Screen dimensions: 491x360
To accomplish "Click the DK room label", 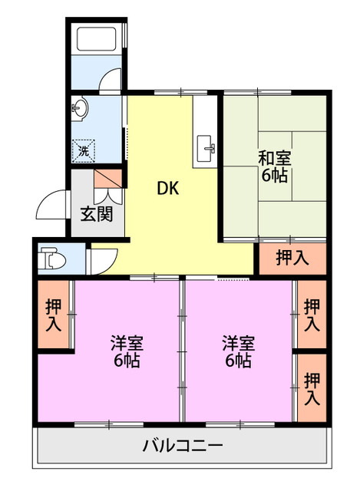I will [168, 188].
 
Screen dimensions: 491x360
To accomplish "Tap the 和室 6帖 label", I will [274, 167].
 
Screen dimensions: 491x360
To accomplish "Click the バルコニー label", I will [183, 445].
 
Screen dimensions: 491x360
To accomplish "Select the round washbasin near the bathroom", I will [81, 108].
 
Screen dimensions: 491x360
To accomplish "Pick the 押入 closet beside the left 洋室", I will [53, 315].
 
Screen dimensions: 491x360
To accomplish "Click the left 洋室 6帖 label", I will [125, 351].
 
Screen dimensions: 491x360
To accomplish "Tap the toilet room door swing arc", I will [101, 262].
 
